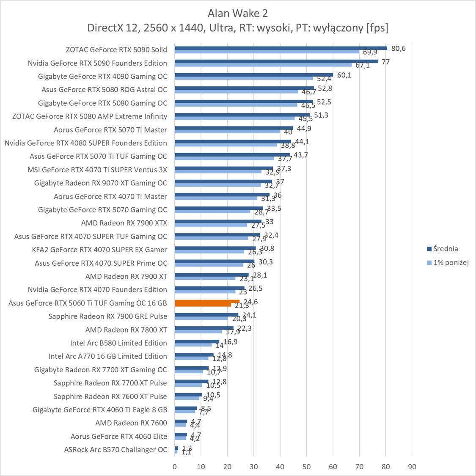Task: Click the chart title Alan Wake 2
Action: click(238, 13)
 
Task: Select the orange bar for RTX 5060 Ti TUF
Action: click(206, 302)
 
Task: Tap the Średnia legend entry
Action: click(445, 249)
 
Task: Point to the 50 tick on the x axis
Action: click(306, 467)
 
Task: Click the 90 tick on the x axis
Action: click(412, 467)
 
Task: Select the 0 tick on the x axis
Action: click(175, 467)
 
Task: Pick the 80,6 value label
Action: click(398, 48)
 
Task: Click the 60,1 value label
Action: click(344, 75)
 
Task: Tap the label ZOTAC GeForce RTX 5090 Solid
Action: click(116, 50)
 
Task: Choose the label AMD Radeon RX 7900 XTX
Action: click(124, 223)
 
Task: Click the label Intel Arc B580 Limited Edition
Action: click(118, 343)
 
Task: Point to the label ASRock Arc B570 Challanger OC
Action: click(116, 449)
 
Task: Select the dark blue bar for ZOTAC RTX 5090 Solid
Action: click(281, 48)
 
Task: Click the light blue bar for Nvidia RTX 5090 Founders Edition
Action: click(263, 65)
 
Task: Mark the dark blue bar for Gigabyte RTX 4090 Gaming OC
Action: click(253, 74)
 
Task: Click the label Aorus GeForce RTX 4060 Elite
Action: click(119, 436)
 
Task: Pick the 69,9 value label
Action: click(370, 52)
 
